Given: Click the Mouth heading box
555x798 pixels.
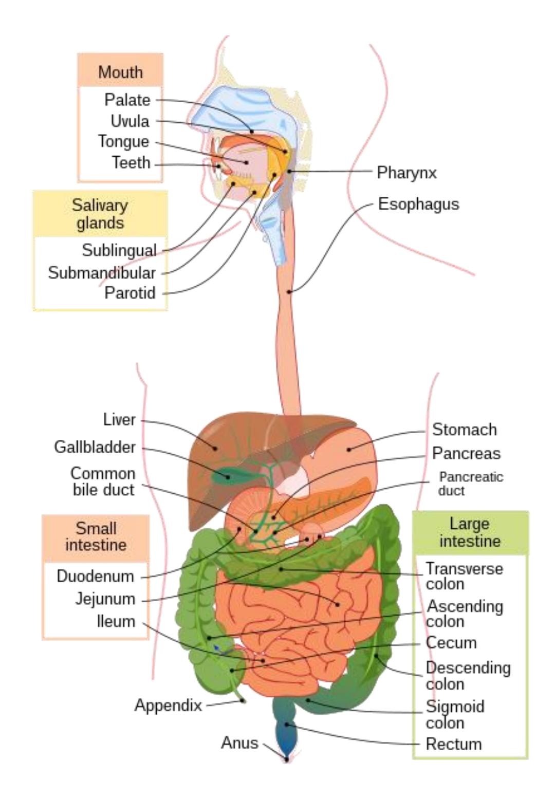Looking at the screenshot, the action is click(120, 70).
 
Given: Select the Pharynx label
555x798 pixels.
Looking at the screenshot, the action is click(406, 173).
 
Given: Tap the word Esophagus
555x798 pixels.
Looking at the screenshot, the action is click(418, 204).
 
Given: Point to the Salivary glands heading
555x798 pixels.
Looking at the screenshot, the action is click(100, 214).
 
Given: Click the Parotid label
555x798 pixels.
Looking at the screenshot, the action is click(130, 293).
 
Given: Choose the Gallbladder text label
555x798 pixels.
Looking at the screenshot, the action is click(95, 447).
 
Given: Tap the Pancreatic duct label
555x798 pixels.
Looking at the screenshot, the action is click(471, 484).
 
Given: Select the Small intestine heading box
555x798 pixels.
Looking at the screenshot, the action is click(96, 539).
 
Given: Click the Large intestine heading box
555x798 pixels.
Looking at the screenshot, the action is click(470, 533).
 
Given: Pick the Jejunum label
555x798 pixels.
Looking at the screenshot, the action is click(105, 599).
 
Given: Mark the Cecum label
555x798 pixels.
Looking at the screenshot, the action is click(451, 642).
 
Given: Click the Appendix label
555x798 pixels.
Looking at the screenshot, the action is click(168, 705).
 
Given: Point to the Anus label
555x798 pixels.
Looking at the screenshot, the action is click(239, 743).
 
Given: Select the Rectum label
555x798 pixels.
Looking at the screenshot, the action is click(453, 744).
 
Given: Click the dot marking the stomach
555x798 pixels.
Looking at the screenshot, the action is click(349, 449).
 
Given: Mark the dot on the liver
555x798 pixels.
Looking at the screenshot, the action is click(215, 448).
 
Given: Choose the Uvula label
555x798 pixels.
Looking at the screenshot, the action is click(130, 121).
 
